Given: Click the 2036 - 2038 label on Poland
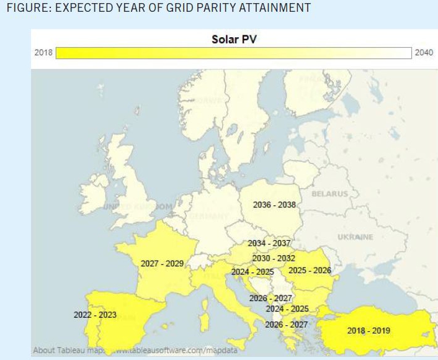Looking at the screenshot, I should point(274,205).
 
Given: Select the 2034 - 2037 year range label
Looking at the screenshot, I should point(269,243).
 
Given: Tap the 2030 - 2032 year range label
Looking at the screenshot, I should point(273,258).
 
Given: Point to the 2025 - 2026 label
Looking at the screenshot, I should point(310,271).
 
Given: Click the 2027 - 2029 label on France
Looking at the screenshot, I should point(162,264).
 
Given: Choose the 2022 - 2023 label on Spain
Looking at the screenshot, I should point(95,315).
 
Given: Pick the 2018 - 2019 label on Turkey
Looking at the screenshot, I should point(369,331).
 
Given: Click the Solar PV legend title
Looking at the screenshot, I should point(234,39).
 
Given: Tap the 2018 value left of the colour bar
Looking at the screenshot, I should point(43,53).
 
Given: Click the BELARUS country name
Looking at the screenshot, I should point(329,194).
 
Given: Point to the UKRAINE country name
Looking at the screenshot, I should point(355,237).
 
